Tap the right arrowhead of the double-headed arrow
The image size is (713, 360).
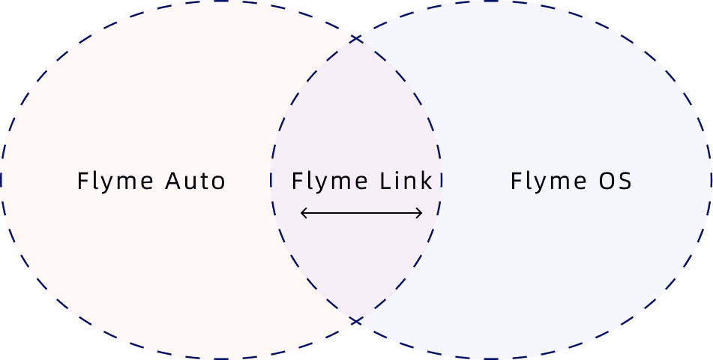[420, 214]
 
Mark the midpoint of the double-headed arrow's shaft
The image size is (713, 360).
[361, 214]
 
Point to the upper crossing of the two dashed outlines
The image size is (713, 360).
[357, 36]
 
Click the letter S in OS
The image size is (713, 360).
[624, 181]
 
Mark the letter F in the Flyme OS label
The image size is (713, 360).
[516, 181]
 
